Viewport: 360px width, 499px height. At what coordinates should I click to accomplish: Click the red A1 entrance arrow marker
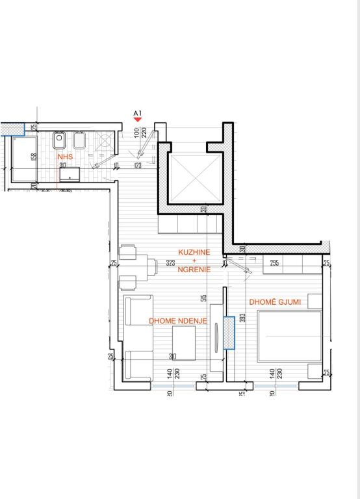pyautogui.click(x=137, y=120)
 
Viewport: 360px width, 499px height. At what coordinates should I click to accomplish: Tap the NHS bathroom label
pyautogui.click(x=64, y=157)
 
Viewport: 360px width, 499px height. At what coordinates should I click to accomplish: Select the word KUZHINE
pyautogui.click(x=194, y=251)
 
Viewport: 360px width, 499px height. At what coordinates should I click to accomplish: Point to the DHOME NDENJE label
pyautogui.click(x=178, y=320)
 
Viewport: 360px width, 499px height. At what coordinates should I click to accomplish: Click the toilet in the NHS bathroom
pyautogui.click(x=60, y=139)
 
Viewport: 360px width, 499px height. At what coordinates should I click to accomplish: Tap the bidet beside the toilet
pyautogui.click(x=80, y=139)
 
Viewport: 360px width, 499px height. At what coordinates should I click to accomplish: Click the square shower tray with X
pyautogui.click(x=104, y=140)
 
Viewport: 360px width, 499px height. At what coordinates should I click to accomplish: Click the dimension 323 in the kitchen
pyautogui.click(x=171, y=263)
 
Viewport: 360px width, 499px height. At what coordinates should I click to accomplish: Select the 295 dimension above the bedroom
pyautogui.click(x=274, y=263)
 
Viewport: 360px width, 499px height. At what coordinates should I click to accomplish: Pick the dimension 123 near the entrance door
pyautogui.click(x=138, y=166)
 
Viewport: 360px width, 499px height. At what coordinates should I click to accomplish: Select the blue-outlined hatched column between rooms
pyautogui.click(x=229, y=333)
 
